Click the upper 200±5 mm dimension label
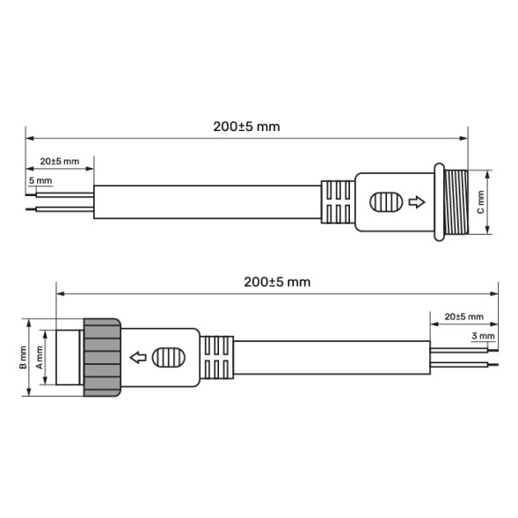tap(246, 126)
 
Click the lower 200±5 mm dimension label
tap(277, 281)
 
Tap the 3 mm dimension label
tap(483, 336)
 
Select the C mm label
tap(480, 203)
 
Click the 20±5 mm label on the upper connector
tap(60, 162)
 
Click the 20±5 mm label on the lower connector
tap(463, 316)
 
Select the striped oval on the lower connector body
tap(167, 358)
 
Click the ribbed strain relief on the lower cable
tap(216, 358)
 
